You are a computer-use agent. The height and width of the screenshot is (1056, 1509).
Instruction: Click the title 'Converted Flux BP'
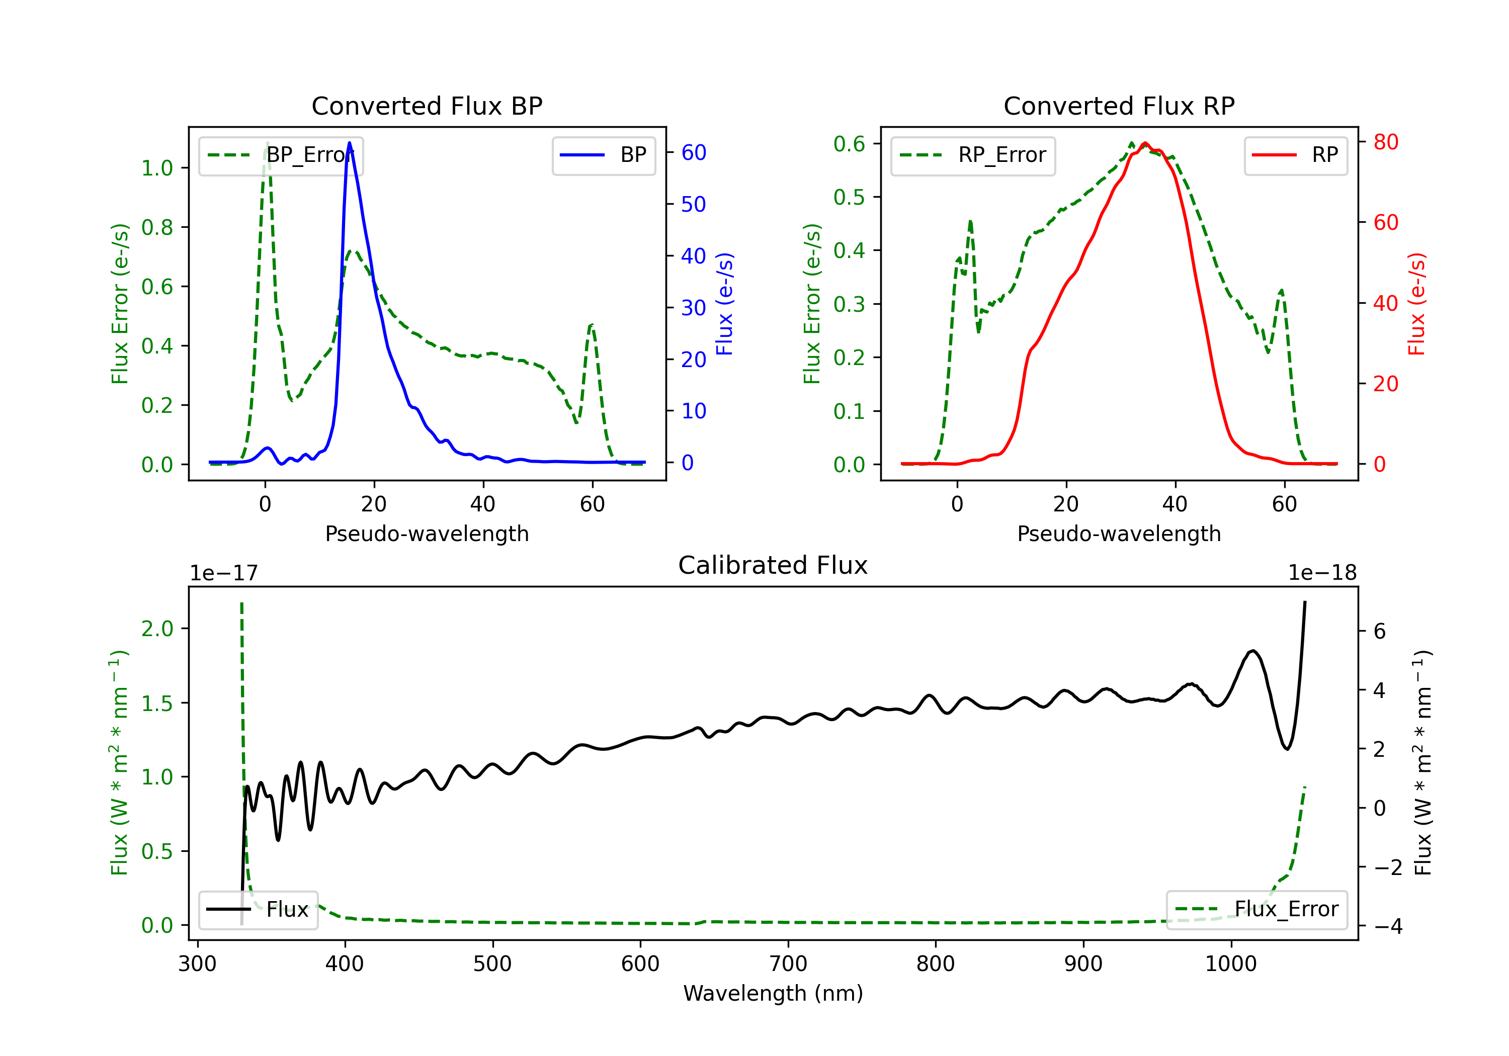click(427, 106)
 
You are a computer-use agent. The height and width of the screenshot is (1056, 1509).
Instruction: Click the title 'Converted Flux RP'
click(1119, 106)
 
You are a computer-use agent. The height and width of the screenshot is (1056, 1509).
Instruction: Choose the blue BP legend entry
click(603, 155)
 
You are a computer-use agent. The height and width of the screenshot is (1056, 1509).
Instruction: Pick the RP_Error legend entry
click(973, 155)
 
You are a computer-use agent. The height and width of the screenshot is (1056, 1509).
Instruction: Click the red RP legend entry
click(1295, 155)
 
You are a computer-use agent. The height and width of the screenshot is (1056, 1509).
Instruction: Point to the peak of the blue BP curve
click(349, 143)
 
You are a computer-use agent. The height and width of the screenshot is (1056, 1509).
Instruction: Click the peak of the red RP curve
click(1145, 143)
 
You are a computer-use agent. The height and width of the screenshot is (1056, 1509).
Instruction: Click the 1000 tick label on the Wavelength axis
click(1230, 964)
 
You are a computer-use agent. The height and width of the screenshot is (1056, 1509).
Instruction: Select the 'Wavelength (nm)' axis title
click(773, 994)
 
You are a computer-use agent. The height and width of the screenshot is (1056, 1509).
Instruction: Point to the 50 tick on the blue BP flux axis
click(693, 204)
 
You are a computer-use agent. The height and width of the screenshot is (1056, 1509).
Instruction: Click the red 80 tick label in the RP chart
click(1385, 142)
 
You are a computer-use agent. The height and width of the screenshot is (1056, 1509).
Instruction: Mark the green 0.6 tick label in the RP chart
click(849, 144)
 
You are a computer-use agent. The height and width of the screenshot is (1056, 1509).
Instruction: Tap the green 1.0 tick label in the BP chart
click(157, 168)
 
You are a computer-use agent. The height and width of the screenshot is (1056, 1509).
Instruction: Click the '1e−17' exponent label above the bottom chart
click(223, 573)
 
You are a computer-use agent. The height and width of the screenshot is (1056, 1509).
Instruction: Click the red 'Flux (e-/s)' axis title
click(1416, 304)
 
